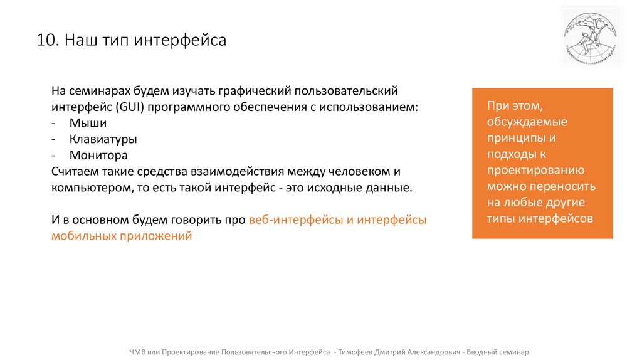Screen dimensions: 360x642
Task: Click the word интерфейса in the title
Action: coord(188,41)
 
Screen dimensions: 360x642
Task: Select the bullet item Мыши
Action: coord(88,123)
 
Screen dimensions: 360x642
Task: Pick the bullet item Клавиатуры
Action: coord(103,139)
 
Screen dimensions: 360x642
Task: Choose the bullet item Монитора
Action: coord(98,155)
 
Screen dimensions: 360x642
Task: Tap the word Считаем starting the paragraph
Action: coord(74,171)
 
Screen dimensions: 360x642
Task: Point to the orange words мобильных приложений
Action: coord(122,236)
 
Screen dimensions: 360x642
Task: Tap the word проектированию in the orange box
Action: coord(535,171)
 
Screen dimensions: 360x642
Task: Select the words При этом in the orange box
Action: coord(510,105)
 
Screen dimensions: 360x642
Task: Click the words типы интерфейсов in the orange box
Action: coord(539,219)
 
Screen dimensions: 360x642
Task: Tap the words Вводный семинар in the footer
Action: coord(499,352)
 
